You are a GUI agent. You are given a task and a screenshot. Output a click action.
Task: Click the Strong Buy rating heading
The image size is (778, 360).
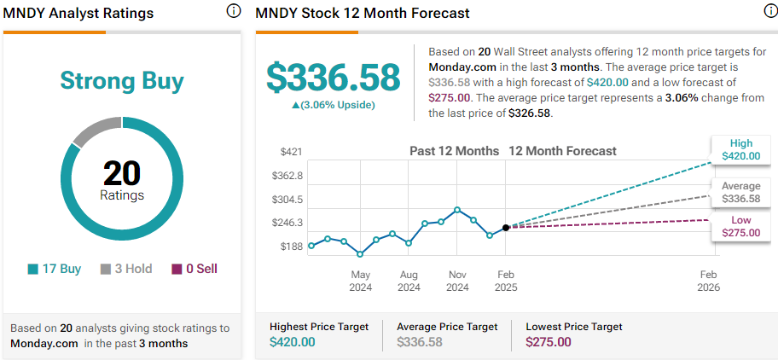(122, 81)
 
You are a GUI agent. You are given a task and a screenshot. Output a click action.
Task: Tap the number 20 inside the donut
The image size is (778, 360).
(122, 173)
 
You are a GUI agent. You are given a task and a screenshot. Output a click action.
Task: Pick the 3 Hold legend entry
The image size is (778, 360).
(126, 269)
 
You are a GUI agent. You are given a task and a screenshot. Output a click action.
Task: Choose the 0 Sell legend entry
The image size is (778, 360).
(194, 269)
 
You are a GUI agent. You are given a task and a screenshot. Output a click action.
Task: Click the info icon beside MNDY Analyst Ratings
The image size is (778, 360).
(234, 12)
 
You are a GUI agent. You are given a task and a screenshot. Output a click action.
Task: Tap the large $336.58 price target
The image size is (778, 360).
(334, 77)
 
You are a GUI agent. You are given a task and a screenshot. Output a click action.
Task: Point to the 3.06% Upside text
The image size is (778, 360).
(334, 105)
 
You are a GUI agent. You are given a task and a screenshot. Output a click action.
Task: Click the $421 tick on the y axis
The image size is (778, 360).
(292, 152)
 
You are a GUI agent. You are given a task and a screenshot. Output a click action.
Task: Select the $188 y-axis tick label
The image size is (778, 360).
(292, 247)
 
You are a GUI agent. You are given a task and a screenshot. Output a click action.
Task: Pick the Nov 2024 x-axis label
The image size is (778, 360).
(457, 281)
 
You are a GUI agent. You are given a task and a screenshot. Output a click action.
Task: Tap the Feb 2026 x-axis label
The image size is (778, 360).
(708, 281)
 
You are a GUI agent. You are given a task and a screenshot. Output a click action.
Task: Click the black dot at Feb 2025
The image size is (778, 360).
(506, 227)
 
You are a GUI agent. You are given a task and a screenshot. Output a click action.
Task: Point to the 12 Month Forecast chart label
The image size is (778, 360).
(562, 151)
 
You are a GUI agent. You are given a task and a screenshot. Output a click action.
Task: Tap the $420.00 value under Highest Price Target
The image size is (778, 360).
(292, 342)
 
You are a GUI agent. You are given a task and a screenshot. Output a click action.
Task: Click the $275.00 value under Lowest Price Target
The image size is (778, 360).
(548, 342)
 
